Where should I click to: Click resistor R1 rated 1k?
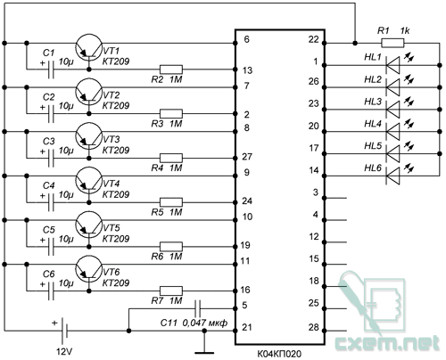click(386, 41)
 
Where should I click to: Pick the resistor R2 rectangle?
click(170, 70)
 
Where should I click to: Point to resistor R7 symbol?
click(170, 290)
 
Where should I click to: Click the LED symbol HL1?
click(392, 63)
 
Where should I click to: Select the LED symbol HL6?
click(392, 173)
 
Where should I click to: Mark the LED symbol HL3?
click(392, 107)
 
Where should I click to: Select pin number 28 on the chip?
click(314, 328)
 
